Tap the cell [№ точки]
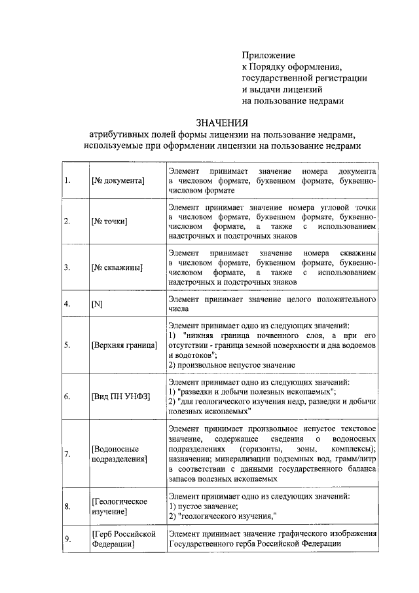click(x=109, y=221)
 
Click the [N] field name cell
click(x=98, y=305)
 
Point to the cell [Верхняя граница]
click(x=124, y=345)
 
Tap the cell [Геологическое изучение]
click(x=119, y=506)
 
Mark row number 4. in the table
click(x=67, y=305)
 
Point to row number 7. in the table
click(x=67, y=453)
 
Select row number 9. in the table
click(x=67, y=539)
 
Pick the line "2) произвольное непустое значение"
click(x=232, y=364)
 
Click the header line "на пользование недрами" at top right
click(x=292, y=101)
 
